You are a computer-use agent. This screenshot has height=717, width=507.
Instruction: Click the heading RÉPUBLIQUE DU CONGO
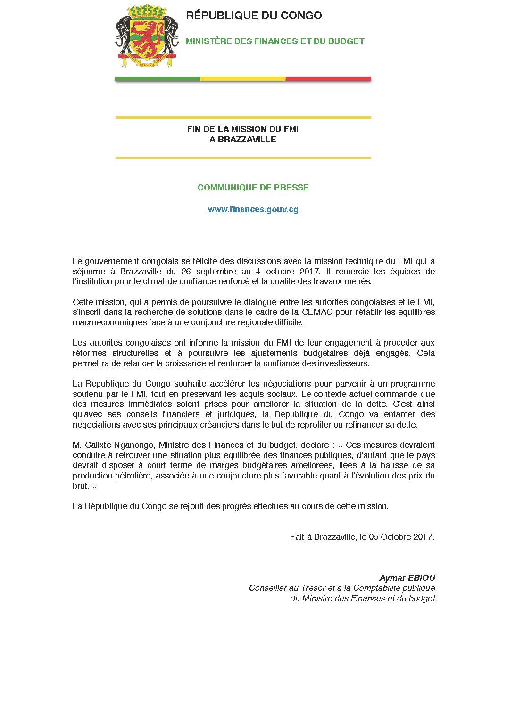[x=254, y=16]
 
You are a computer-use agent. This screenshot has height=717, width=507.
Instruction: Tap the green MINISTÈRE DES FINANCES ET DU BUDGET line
[x=275, y=41]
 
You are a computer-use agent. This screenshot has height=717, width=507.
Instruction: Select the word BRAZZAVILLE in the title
[x=243, y=140]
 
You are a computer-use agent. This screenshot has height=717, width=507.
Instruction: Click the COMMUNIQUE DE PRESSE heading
[x=253, y=188]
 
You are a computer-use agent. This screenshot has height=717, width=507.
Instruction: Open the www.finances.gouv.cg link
[x=253, y=209]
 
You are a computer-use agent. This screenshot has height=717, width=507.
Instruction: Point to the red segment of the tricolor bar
[x=328, y=79]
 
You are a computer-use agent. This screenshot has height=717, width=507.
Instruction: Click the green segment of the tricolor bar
[x=158, y=79]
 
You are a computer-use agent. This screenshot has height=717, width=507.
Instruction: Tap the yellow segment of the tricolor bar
[x=243, y=79]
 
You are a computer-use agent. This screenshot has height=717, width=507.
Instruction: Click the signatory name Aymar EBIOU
[x=407, y=578]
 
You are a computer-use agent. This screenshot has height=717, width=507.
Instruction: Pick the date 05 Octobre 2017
[x=406, y=537]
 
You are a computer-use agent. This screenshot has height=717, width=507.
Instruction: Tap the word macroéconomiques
[x=108, y=323]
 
